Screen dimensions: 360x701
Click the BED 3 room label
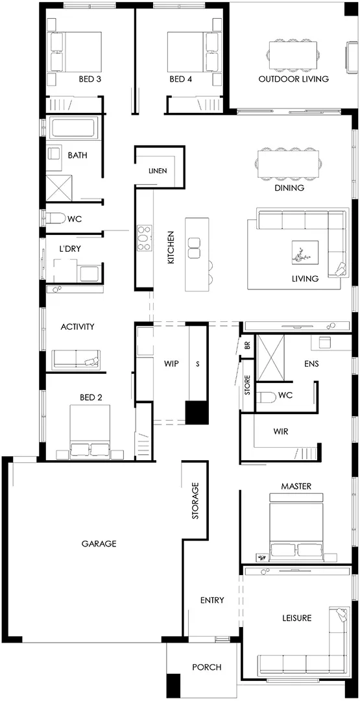point(90,79)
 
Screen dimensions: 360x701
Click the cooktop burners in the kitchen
point(144,238)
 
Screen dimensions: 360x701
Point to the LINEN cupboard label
point(158,171)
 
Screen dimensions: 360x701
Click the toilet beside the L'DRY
point(54,219)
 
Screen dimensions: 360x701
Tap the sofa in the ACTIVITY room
point(76,359)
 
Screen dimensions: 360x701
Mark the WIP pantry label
point(171,363)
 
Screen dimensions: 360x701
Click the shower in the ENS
point(271,358)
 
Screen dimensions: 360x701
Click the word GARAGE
point(99,544)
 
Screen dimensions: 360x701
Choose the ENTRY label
point(212,600)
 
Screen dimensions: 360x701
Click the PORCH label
point(207,667)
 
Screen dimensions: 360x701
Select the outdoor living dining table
point(293,55)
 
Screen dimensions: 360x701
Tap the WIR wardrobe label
point(281,432)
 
